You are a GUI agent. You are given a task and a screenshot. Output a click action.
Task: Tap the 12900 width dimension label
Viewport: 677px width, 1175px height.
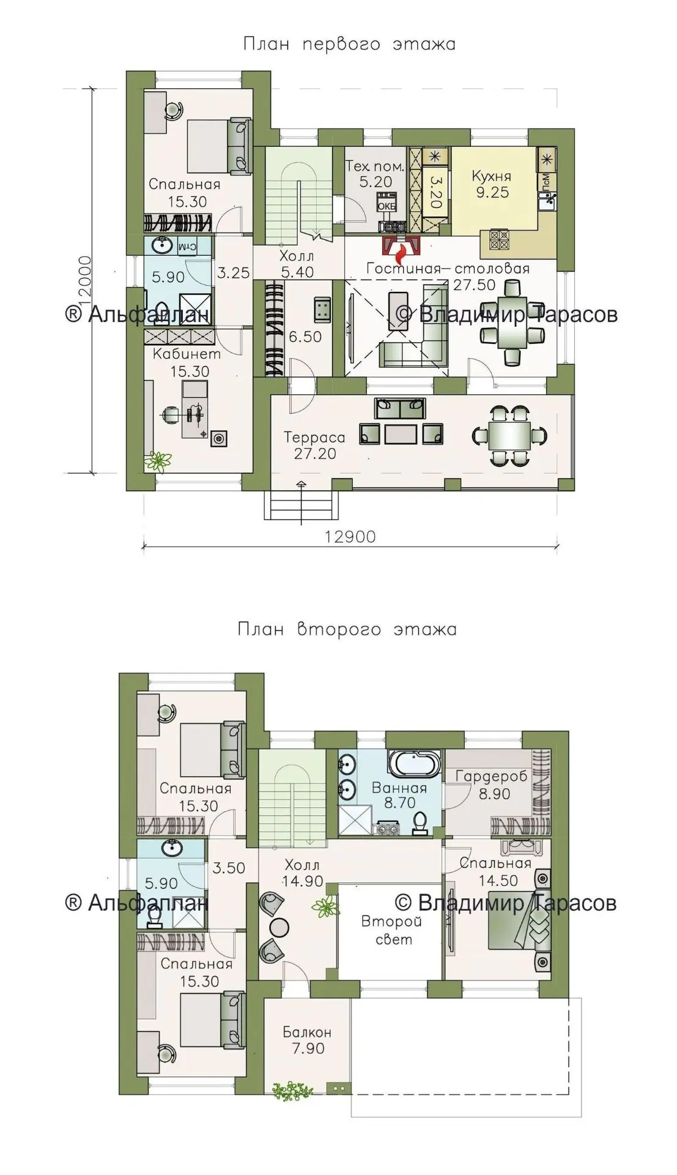coord(350,537)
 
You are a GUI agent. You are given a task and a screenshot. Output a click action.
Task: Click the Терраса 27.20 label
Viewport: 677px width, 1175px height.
coord(314,446)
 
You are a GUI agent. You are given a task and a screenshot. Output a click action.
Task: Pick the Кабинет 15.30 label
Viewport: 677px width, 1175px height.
coord(187,362)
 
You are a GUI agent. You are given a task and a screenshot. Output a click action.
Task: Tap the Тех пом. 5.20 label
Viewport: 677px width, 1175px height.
coord(375,173)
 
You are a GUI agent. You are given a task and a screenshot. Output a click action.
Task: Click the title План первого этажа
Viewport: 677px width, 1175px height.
coord(349,45)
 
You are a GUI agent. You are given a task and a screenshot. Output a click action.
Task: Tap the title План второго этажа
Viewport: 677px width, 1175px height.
coord(347,630)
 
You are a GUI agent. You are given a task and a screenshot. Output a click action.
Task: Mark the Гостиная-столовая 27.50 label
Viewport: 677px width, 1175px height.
coord(448,276)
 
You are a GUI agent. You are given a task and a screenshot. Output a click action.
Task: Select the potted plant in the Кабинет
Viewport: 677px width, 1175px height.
coord(158,460)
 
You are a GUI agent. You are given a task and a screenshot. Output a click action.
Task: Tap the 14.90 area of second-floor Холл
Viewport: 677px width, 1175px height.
coord(302,881)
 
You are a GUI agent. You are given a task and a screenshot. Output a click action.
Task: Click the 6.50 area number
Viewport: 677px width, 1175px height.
coord(305,337)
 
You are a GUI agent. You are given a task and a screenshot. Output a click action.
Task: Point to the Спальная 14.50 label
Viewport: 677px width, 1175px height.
coord(495,871)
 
